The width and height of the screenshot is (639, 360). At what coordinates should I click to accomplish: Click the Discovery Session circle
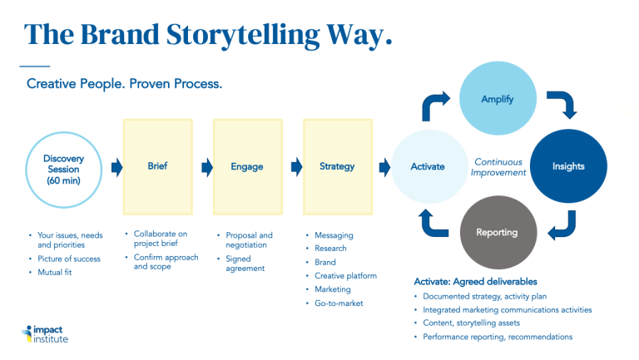(x=63, y=170)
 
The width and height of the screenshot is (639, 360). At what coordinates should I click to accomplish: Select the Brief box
(x=158, y=166)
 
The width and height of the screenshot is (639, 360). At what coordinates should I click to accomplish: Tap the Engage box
(x=248, y=166)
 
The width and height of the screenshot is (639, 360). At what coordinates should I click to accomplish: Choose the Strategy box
(x=338, y=166)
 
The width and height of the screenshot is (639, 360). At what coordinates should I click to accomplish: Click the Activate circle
(x=429, y=166)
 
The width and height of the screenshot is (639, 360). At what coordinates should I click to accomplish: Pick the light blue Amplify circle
(x=498, y=98)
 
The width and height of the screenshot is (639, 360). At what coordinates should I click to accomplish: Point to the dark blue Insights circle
(x=568, y=166)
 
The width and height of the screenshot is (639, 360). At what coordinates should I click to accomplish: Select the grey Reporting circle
(x=498, y=232)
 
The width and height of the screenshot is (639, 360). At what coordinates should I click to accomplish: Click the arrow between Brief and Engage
(x=207, y=167)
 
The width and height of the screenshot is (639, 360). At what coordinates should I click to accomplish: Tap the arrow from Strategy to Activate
(x=384, y=167)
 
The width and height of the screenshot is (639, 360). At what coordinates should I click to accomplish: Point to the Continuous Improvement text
(x=498, y=167)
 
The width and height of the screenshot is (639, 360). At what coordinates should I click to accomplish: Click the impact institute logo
(x=45, y=334)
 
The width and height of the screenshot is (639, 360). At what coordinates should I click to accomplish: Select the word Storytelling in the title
(x=243, y=35)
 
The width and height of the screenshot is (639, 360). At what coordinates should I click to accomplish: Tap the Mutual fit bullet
(x=55, y=273)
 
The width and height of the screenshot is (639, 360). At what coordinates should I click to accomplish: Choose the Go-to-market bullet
(x=339, y=303)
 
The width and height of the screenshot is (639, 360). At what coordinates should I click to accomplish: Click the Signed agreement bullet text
(x=245, y=264)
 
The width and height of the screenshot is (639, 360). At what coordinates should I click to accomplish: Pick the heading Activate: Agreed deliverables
(x=475, y=282)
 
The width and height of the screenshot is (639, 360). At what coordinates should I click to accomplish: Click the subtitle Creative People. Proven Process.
(x=124, y=84)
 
